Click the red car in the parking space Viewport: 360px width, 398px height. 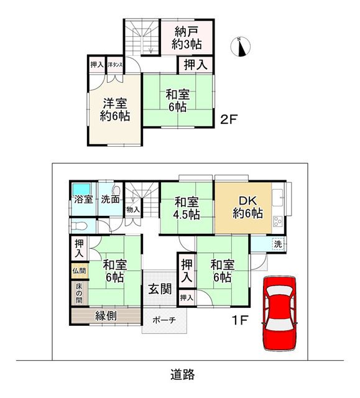tap(279, 313)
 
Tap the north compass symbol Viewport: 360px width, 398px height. tap(241, 47)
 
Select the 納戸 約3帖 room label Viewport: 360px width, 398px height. tap(187, 38)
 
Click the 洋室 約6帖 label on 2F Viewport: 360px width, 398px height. tap(114, 110)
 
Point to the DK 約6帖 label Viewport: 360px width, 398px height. tap(247, 207)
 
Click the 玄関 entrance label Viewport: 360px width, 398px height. tap(160, 289)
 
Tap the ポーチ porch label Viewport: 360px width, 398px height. tap(164, 320)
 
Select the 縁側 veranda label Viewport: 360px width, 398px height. tap(106, 316)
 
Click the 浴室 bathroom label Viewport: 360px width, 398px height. tap(83, 200)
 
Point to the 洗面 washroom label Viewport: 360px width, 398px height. tap(110, 200)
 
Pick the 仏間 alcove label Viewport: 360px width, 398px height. tap(79, 271)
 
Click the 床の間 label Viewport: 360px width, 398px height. tap(79, 294)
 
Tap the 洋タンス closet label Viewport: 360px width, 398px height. tap(115, 65)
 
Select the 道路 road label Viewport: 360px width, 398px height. tap(183, 374)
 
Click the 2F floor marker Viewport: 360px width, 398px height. tap(229, 119)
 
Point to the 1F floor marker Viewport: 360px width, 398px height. tap(240, 321)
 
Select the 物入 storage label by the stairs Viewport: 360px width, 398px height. tap(133, 210)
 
